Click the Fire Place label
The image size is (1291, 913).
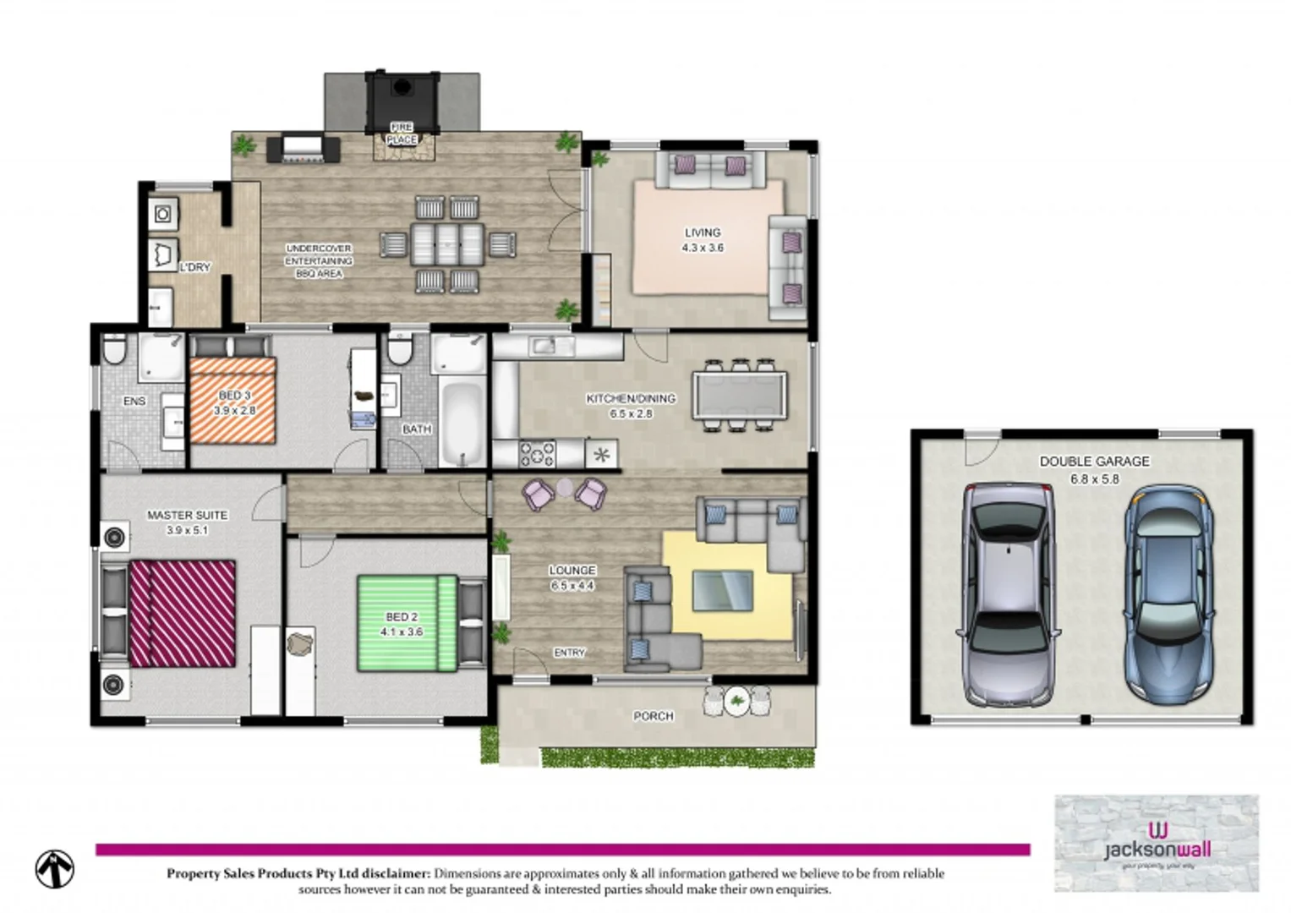pos(402,134)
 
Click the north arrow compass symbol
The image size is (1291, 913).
pos(55,869)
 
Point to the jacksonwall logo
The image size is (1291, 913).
pos(1157,842)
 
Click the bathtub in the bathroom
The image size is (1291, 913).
pos(461,424)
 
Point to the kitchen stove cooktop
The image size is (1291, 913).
pos(537,454)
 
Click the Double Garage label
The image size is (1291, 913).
pos(1094,462)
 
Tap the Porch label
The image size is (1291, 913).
pos(654,716)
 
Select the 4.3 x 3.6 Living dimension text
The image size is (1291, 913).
pos(703,248)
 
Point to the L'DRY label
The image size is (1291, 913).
pos(194,267)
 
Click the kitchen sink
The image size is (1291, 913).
pos(543,345)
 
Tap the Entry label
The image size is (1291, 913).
pos(569,653)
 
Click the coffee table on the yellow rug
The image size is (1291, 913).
pos(722,590)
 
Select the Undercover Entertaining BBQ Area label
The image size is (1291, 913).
pos(319,261)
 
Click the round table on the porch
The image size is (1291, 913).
pos(737,701)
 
